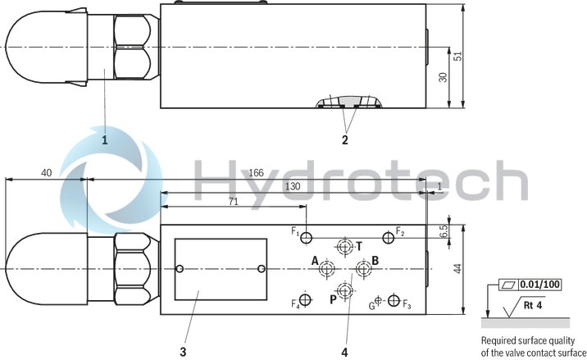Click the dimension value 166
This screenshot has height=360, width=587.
257,172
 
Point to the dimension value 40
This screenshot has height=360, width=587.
46,172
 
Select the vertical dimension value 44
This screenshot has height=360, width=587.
459,267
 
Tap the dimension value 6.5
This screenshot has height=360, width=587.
444,232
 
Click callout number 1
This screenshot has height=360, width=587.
104,139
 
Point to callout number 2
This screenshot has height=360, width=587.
345,139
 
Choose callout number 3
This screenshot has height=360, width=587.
183,353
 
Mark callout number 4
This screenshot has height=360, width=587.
345,353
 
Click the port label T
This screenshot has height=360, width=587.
359,245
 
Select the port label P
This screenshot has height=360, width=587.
333,299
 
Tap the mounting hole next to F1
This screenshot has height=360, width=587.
306,238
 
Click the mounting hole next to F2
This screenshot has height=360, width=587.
388,238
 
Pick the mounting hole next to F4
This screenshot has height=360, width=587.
306,302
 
